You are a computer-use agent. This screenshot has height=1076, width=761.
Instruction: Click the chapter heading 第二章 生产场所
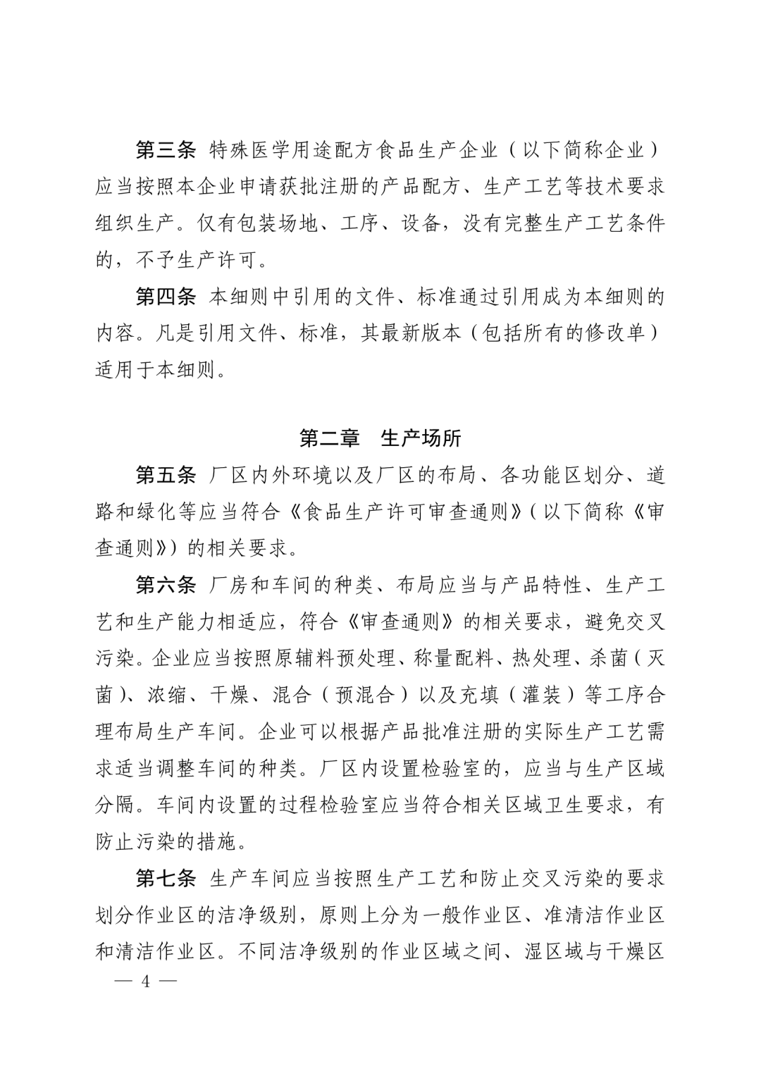tap(380, 438)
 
